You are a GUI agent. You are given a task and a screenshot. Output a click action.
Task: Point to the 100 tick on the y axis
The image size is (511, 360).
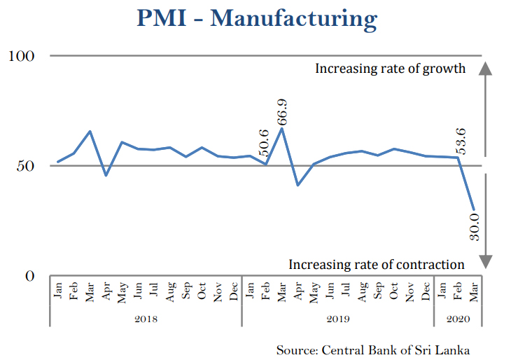(22, 55)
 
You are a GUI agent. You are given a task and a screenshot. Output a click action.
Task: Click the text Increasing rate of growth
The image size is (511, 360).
(390, 69)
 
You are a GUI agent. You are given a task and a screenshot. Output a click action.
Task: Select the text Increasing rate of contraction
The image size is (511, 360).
(377, 264)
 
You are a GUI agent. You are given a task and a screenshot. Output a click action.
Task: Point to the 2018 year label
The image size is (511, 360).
(145, 319)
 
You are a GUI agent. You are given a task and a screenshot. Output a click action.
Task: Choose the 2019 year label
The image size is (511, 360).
(338, 319)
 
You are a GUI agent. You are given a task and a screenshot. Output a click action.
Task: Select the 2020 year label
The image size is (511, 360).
(458, 319)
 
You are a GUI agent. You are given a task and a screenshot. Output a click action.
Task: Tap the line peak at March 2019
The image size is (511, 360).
(281, 127)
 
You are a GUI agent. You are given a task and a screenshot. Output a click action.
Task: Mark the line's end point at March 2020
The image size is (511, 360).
(474, 209)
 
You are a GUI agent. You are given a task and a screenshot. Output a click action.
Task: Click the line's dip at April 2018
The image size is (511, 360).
(106, 175)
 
